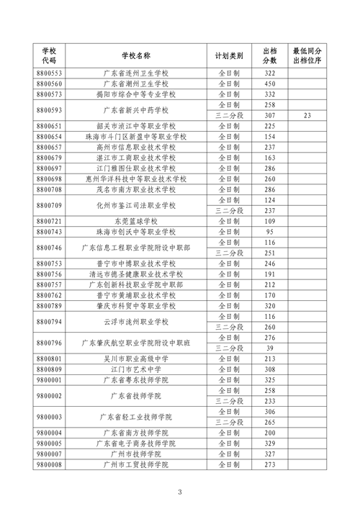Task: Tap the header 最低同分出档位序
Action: [x=307, y=55]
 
